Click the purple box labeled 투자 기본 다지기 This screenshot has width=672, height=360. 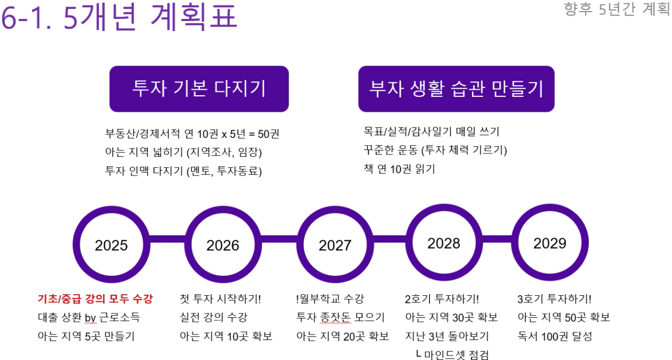point(199,89)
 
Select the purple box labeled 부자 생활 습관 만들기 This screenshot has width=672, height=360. point(456,89)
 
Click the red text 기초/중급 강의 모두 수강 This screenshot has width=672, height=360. point(95,299)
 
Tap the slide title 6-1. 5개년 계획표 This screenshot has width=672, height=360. point(120,17)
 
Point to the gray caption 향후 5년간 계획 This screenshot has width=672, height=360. point(617,9)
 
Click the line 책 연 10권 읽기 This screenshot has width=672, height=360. point(399,169)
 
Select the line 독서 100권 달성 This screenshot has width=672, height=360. point(555,336)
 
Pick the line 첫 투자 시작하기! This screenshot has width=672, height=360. point(220,299)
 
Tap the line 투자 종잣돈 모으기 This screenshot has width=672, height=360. point(341,317)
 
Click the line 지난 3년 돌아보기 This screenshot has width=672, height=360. point(447,336)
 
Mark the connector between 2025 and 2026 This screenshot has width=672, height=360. point(167,239)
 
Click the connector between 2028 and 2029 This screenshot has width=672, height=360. point(497,239)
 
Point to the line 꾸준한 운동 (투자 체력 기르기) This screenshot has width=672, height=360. point(435,150)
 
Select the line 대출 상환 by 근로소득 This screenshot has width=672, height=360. point(89,317)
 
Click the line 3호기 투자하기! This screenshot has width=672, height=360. point(555,299)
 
